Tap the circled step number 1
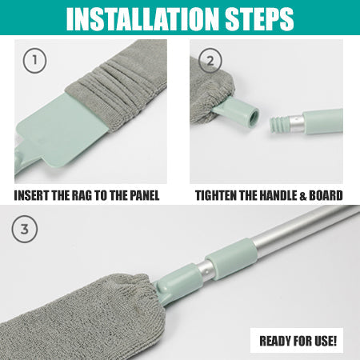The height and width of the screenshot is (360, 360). click(31, 61)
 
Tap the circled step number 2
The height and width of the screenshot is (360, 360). click(210, 61)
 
